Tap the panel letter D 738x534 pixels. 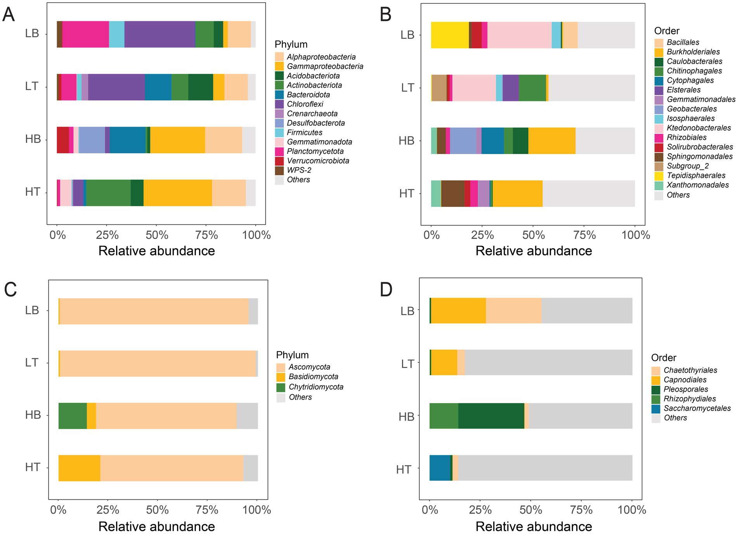pos(386,290)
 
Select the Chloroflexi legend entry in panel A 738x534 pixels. pos(305,104)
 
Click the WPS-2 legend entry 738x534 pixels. pos(299,170)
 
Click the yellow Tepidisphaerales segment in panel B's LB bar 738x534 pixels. pos(450,35)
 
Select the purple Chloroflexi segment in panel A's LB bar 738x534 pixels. pos(160,34)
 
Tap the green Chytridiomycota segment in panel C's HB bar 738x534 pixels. pos(73,416)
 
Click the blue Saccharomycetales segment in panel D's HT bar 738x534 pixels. pos(440,468)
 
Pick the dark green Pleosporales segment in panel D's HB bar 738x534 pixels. pos(491,416)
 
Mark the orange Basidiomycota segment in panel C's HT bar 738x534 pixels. pos(79,468)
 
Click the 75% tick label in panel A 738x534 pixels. pos(207,235)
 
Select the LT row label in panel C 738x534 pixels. pos(32,363)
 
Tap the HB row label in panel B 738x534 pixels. pos(406,140)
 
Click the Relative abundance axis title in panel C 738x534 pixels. pos(157,526)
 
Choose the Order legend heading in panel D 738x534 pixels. pos(664,357)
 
